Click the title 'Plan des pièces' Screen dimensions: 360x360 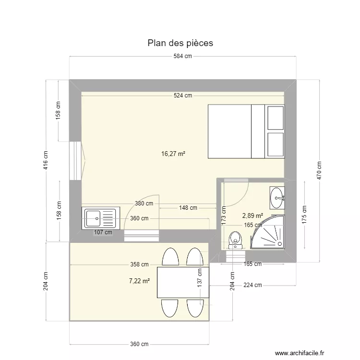tap(180, 43)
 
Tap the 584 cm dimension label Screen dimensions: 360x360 tap(182, 57)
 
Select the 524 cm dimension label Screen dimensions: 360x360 tap(182, 96)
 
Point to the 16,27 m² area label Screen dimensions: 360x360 tap(173, 154)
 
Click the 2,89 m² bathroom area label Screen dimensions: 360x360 tap(252, 216)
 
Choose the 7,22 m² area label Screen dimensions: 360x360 tap(140, 281)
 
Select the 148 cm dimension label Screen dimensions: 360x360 tap(188, 208)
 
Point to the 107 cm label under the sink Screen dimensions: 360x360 tap(103, 232)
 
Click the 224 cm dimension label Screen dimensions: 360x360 tap(252, 285)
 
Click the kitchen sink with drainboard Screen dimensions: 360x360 tap(100, 218)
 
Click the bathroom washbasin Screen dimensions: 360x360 tap(277, 197)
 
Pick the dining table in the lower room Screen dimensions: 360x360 tap(183, 283)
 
